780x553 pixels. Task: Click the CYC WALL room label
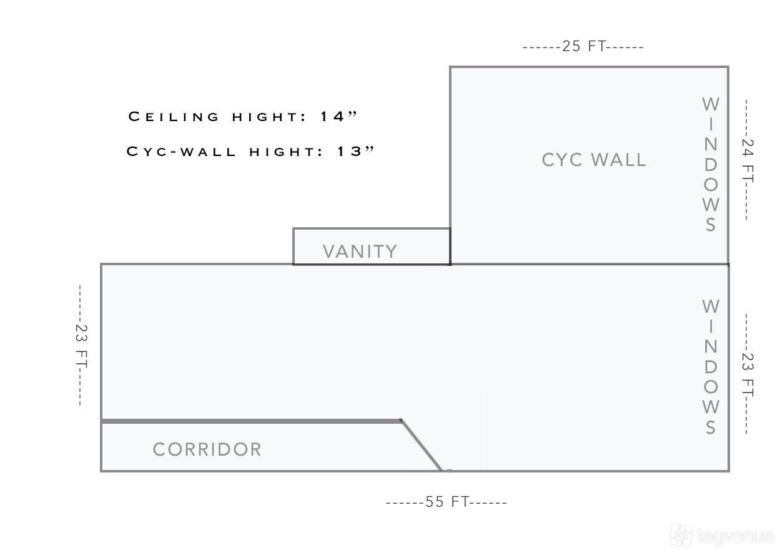coord(594,160)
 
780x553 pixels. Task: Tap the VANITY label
coord(360,252)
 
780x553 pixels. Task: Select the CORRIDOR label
coord(207,449)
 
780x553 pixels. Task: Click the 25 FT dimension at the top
coord(583,46)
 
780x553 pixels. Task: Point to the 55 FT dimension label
coord(447,502)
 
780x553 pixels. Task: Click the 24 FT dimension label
coord(748,160)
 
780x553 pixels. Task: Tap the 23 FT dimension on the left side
coord(81,346)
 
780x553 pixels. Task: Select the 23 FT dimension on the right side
coord(748,374)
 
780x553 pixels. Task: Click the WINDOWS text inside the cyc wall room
coord(711,164)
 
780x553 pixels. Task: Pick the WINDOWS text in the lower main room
coord(711,367)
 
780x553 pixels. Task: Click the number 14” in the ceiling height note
coord(338,116)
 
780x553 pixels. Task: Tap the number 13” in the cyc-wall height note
coord(356,151)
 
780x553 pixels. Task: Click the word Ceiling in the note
coord(174,117)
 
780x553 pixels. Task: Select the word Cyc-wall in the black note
coord(181,152)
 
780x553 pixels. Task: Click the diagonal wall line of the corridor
coord(422,446)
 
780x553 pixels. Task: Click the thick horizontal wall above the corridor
coord(251,421)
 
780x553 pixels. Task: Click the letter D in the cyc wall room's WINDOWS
coord(711,165)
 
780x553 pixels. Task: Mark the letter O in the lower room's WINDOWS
coord(711,387)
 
